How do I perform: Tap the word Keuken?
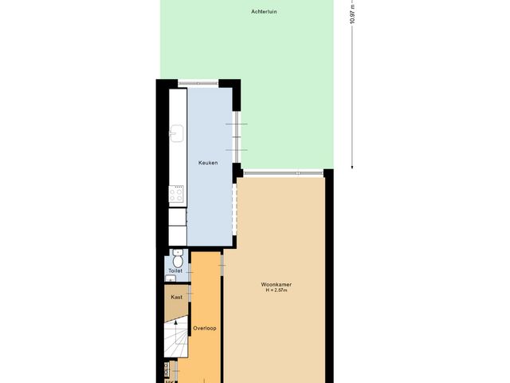pos(208,163)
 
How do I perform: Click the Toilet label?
pos(175,271)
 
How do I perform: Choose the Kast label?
pos(176,297)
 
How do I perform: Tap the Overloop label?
pos(205,328)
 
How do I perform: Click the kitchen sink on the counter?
pos(178,133)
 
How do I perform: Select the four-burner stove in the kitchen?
pos(177,191)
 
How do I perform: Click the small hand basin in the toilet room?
pos(172,278)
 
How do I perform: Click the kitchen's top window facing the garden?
pos(198,82)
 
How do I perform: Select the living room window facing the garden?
pos(284,172)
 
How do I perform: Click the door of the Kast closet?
pos(190,298)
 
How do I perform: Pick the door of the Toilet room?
pos(190,271)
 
